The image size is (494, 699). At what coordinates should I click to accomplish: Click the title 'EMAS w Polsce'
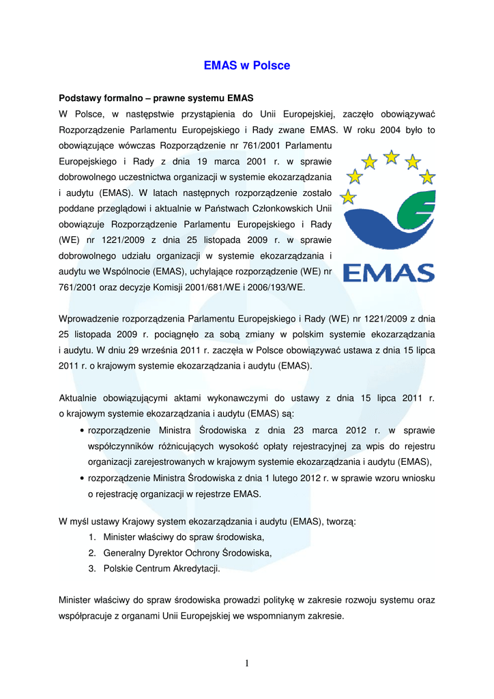pos(247,66)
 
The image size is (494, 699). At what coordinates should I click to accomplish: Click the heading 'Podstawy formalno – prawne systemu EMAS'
pos(156,98)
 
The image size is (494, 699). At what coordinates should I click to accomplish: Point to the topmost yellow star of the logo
pos(391,157)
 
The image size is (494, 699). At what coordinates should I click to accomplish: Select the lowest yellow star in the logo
pos(348,198)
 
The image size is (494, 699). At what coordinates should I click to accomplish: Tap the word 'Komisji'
pos(162,287)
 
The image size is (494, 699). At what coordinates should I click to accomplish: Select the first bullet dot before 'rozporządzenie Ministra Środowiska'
pos(82,431)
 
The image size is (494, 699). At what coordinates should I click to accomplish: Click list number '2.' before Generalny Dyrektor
pos(92,553)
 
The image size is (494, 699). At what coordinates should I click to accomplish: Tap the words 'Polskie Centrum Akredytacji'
pos(161,569)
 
